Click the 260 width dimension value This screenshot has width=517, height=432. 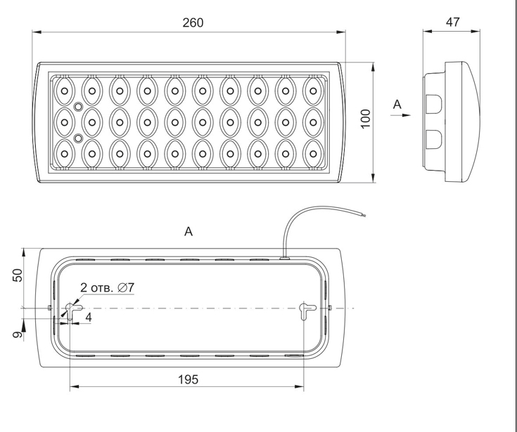(x=193, y=22)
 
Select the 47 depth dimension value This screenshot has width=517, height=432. (x=452, y=22)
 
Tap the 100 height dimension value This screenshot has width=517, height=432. (x=366, y=119)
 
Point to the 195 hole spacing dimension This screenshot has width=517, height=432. (x=189, y=379)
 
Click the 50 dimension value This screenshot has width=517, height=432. (x=18, y=275)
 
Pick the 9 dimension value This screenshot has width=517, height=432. (x=18, y=334)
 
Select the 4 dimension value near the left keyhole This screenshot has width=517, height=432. (x=89, y=318)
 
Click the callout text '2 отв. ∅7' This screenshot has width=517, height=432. (x=108, y=287)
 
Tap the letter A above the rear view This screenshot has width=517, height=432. (x=189, y=232)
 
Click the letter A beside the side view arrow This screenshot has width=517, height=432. (x=397, y=105)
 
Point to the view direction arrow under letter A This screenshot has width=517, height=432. (x=401, y=115)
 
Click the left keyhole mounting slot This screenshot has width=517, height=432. (x=73, y=310)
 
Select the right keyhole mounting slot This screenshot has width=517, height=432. (x=307, y=310)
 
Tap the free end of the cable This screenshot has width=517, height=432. (x=364, y=216)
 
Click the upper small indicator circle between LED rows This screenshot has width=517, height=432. (x=78, y=107)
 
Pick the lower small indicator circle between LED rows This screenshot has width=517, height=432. (x=78, y=138)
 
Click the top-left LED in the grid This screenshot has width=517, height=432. (x=65, y=91)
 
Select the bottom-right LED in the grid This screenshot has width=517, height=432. (x=313, y=154)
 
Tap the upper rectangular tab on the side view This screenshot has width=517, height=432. (x=433, y=103)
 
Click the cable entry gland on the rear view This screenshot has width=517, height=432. (x=284, y=258)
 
